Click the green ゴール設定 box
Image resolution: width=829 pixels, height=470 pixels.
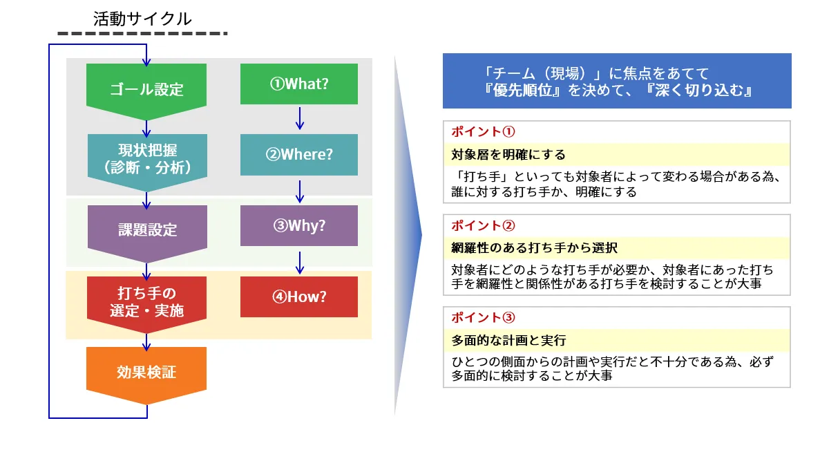point(146,88)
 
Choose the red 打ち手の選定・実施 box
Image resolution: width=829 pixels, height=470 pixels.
point(146,301)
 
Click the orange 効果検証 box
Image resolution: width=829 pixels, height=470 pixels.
point(146,373)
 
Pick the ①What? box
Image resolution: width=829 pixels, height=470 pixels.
point(299,84)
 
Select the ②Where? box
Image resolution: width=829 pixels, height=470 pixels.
point(299,154)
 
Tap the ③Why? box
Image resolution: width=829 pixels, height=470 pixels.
point(299,225)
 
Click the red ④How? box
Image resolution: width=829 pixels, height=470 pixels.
point(299,297)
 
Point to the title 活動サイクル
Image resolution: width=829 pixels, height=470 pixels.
point(142,19)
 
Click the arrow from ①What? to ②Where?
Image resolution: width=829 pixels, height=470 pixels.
point(299,118)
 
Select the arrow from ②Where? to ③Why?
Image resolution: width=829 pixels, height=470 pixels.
point(299,190)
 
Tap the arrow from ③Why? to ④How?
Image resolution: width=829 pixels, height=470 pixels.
point(299,261)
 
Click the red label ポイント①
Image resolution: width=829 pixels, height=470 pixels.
point(484,131)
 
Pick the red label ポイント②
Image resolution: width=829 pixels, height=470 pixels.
point(484,225)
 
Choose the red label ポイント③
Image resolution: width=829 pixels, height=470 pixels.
point(484,317)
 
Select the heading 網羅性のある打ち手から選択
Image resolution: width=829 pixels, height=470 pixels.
point(534,247)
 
